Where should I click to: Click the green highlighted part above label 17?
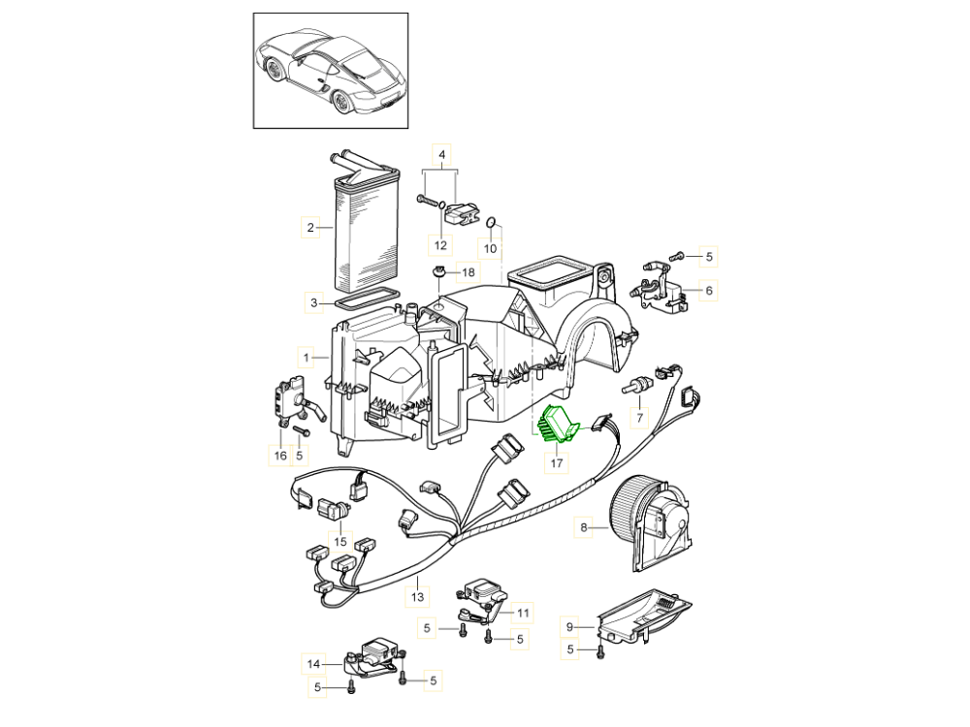point(557,424)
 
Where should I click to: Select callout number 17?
point(557,464)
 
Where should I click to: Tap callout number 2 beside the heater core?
point(309,229)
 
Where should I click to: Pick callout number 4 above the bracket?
point(441,155)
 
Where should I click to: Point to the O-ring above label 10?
point(491,224)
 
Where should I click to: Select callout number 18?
point(469,272)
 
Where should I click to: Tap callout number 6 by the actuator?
point(709,289)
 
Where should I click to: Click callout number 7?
point(639,419)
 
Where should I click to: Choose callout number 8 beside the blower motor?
point(584,528)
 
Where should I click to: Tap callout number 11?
point(524,612)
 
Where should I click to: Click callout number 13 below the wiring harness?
point(418,597)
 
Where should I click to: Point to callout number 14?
point(313,664)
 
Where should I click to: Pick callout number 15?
point(339,540)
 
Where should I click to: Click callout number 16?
point(280,454)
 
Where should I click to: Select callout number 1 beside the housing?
point(306,358)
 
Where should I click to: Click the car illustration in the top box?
point(331,70)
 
